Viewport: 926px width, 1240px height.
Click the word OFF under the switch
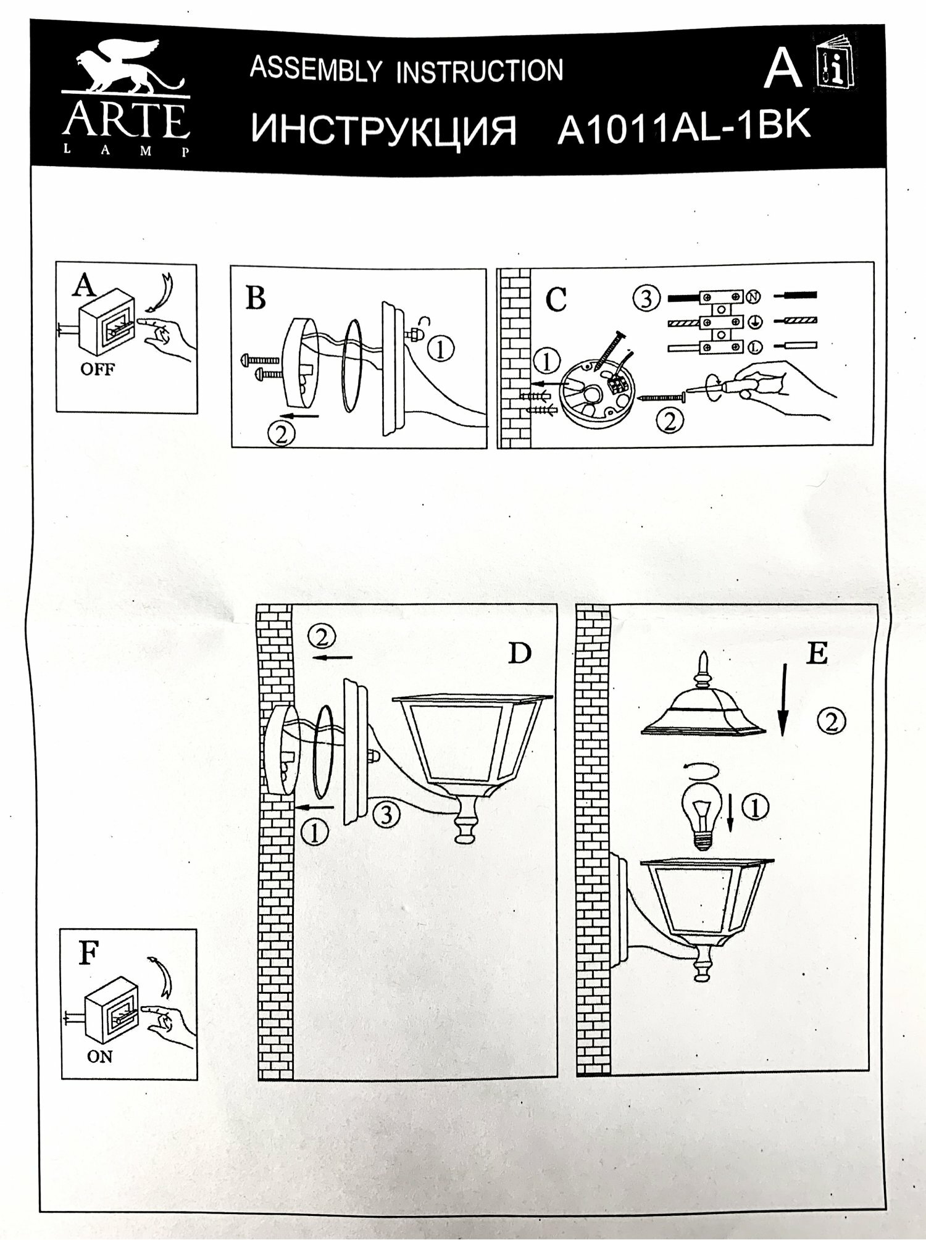pos(98,371)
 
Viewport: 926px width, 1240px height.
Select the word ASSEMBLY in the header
pos(315,69)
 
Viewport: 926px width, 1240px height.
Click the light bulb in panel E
pos(699,820)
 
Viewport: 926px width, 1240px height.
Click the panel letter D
pos(519,652)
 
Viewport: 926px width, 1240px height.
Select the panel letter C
pos(556,299)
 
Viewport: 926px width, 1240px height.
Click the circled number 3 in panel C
pos(646,299)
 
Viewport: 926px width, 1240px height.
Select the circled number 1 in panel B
pos(440,350)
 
